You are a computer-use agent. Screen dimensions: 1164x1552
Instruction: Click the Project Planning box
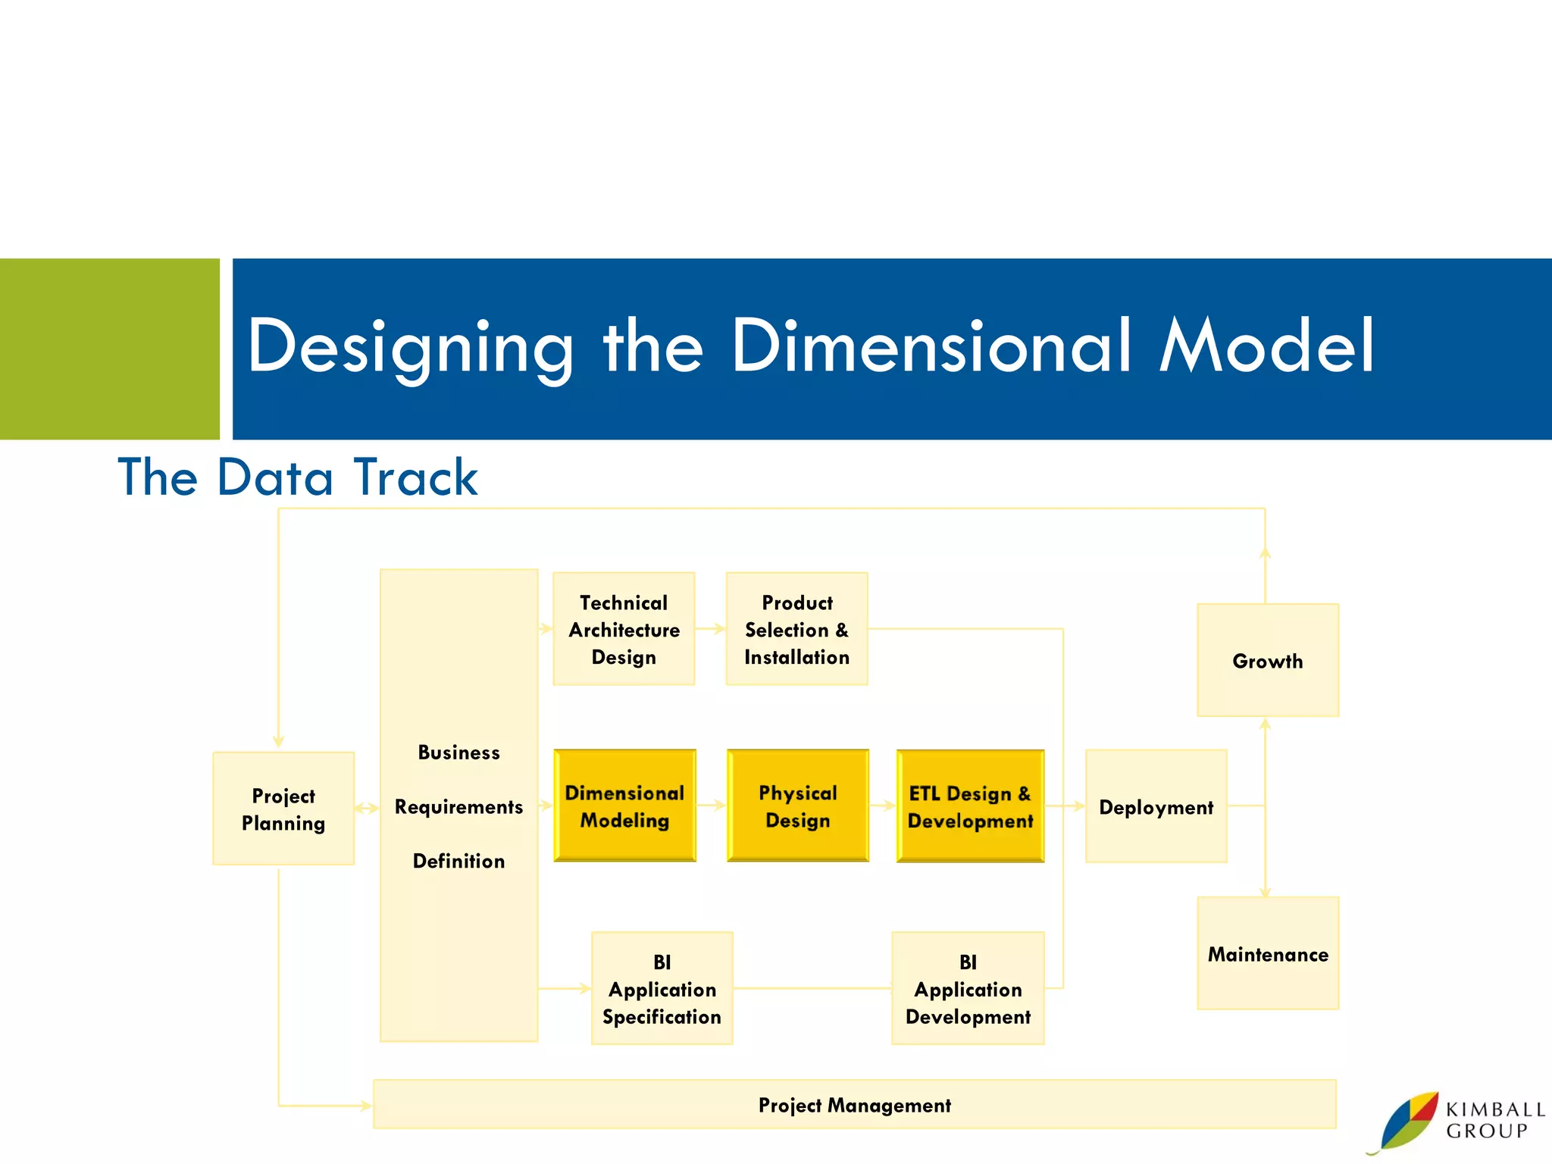coord(283,809)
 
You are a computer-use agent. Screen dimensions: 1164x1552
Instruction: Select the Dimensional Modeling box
coord(624,806)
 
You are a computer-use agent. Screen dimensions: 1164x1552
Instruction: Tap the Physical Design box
coord(797,806)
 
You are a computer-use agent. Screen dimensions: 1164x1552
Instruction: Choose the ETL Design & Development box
coord(970,806)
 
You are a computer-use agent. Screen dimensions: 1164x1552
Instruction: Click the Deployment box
coord(1156,806)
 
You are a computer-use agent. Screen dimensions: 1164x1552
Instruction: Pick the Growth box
coord(1267,660)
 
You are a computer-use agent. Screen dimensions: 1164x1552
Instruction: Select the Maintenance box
coord(1267,953)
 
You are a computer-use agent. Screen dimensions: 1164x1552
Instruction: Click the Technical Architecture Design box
coord(624,629)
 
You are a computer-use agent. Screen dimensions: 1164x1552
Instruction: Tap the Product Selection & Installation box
coord(796,629)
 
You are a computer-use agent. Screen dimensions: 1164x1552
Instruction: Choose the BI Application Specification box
coord(662,988)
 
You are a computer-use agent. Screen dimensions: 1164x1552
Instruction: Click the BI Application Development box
coord(968,988)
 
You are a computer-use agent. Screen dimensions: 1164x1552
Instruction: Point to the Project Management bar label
coord(854,1105)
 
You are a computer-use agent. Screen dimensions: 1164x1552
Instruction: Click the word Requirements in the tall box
coord(458,806)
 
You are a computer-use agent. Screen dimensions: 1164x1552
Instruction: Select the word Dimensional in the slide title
coord(931,346)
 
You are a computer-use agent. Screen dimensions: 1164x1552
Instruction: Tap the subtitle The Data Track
coord(298,477)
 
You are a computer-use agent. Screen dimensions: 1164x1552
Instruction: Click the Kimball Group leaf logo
coord(1408,1121)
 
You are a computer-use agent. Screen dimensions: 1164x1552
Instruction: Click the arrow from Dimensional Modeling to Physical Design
coord(712,806)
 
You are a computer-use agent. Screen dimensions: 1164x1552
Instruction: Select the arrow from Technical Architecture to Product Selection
coord(711,628)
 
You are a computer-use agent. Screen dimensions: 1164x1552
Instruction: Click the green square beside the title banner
coord(109,349)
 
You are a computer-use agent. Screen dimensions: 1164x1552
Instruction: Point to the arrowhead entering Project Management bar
coord(366,1106)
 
